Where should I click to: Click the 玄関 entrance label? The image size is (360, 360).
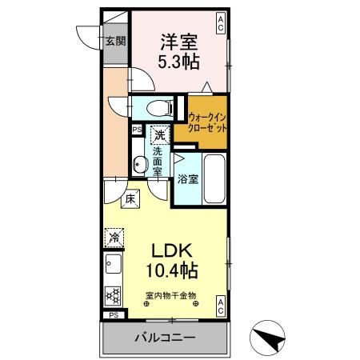tap(114, 43)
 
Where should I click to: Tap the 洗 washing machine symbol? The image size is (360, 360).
tap(161, 135)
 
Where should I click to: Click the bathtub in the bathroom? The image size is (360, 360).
tap(214, 179)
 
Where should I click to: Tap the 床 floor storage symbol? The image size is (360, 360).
tap(129, 199)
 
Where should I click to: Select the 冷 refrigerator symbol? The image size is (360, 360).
tap(115, 238)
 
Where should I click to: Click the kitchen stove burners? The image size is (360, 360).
tap(112, 294)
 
